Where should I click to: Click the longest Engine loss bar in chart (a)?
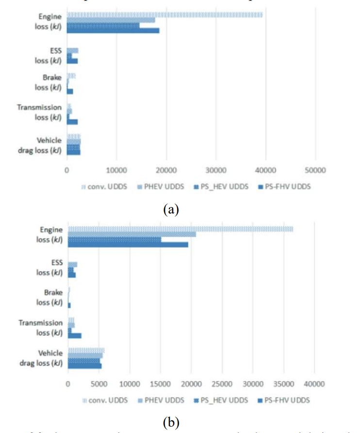[x=164, y=15]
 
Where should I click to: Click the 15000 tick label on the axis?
[x=160, y=383]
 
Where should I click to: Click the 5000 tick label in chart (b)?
[x=98, y=383]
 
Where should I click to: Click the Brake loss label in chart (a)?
[x=51, y=83]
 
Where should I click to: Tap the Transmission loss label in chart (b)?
[x=41, y=328]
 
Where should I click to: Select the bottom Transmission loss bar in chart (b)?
[x=75, y=335]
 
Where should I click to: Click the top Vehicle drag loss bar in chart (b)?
[x=86, y=350]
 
